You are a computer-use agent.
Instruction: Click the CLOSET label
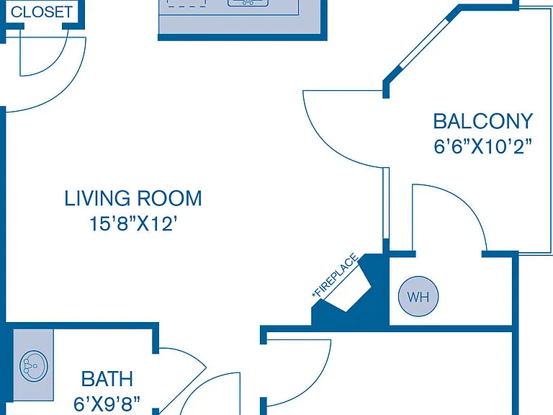pos(42,12)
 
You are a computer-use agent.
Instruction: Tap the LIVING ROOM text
pos(133,198)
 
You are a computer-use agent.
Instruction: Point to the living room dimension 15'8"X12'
pos(133,223)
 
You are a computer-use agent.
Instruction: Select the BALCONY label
pos(483,121)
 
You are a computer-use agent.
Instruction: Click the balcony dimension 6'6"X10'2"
pos(483,146)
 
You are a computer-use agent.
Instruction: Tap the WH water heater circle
pos(418,296)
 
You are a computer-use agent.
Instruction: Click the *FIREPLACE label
pos(336,275)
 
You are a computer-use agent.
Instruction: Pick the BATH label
pos(107,379)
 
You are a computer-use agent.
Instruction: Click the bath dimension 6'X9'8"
pos(107,403)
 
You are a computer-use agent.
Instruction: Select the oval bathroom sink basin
pos(34,366)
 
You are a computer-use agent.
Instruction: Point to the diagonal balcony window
pos(423,43)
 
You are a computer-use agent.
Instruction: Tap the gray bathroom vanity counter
pos(33,365)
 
